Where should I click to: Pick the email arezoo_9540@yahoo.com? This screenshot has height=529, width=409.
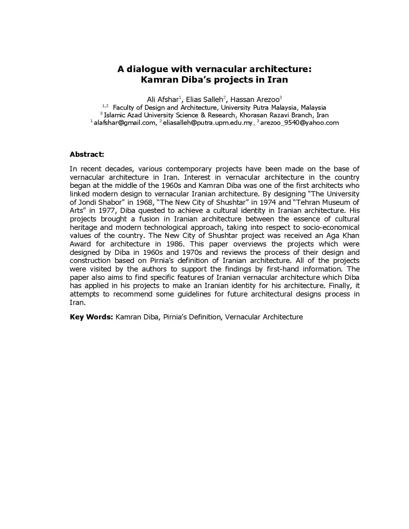click(x=299, y=123)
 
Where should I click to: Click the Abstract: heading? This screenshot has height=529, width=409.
click(x=87, y=154)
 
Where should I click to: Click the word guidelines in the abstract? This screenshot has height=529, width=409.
click(x=194, y=294)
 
